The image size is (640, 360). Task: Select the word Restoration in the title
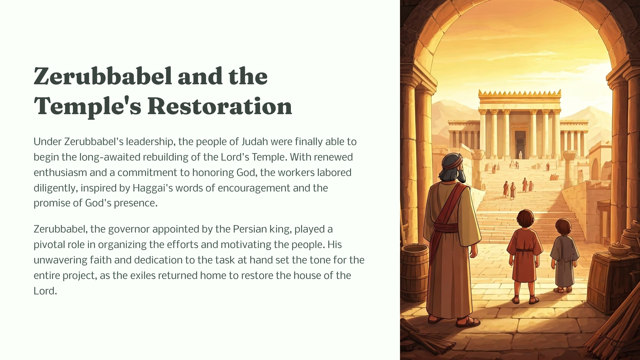[x=220, y=106]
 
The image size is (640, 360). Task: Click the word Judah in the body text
[x=255, y=142]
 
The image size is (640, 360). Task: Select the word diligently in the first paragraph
[x=56, y=188]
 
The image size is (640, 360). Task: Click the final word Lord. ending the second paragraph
[x=45, y=291]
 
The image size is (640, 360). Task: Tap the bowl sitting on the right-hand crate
[x=619, y=249]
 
